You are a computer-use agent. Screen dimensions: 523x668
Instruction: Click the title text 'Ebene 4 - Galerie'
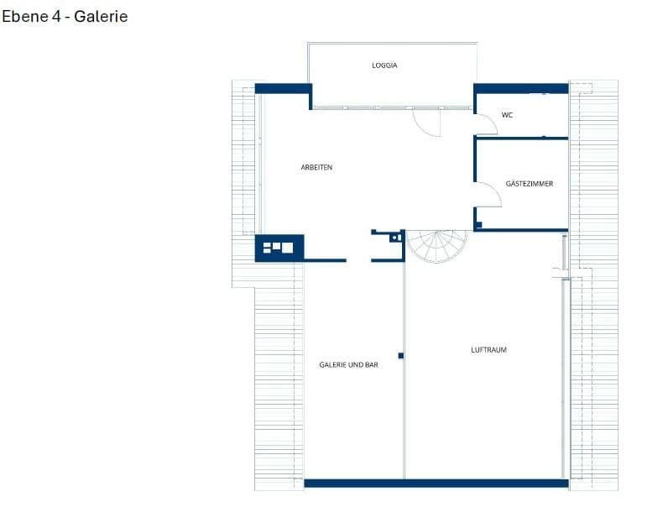pos(65,16)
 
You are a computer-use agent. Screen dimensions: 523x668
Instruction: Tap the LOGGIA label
pos(384,65)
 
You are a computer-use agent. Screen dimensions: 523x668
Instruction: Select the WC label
pos(507,115)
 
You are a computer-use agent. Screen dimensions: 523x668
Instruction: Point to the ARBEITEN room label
pos(316,167)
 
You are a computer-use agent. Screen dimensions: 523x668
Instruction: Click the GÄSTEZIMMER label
pos(530,183)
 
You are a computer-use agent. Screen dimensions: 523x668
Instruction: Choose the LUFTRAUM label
pos(488,349)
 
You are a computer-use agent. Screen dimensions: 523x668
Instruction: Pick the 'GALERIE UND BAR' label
pos(348,364)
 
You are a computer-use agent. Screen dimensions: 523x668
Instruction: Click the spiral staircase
pos(436,245)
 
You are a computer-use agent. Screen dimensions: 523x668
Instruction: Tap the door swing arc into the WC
pos(487,125)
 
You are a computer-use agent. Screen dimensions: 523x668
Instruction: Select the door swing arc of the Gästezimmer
pos(490,194)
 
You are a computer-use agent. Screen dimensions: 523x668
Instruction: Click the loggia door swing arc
pos(426,123)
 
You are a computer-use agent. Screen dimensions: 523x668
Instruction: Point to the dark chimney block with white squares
pos(279,248)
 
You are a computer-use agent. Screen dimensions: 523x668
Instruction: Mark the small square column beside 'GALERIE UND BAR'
pos(401,356)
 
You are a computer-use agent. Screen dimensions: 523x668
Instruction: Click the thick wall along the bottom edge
pos(436,483)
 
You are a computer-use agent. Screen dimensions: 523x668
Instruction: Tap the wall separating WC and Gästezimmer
pos(520,138)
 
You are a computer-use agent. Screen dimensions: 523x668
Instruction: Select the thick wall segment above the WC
pos(520,88)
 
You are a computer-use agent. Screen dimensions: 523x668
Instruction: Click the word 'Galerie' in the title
pos(101,16)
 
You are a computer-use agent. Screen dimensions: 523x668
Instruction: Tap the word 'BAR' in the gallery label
pos(371,364)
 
